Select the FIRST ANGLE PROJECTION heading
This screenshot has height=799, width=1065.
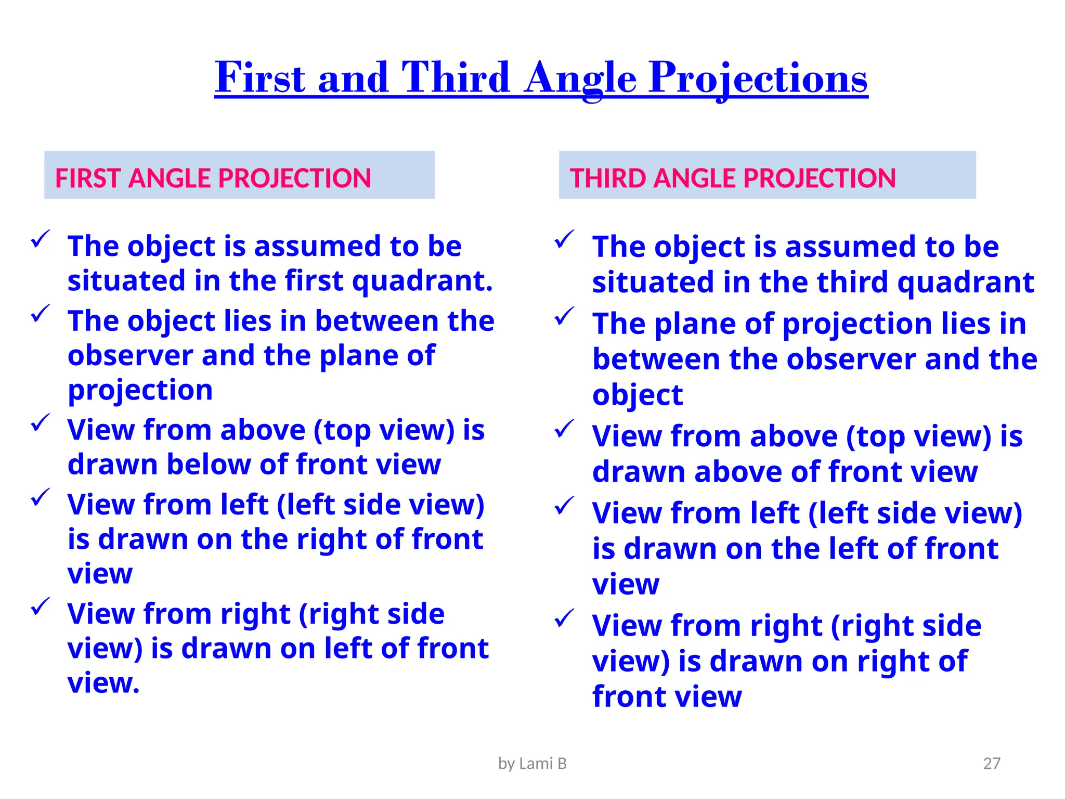click(x=213, y=178)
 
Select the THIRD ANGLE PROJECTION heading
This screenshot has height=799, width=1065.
click(x=732, y=178)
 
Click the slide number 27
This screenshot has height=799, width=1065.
click(x=992, y=763)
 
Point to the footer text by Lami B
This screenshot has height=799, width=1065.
click(x=532, y=763)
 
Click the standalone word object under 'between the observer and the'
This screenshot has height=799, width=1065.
click(x=637, y=395)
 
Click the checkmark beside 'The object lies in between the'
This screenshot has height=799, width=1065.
click(x=40, y=314)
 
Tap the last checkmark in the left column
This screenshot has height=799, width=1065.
click(x=40, y=606)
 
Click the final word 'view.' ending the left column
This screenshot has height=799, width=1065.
click(x=103, y=683)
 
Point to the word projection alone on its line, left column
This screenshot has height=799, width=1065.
click(x=140, y=390)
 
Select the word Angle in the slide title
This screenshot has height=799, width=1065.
click(x=580, y=78)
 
